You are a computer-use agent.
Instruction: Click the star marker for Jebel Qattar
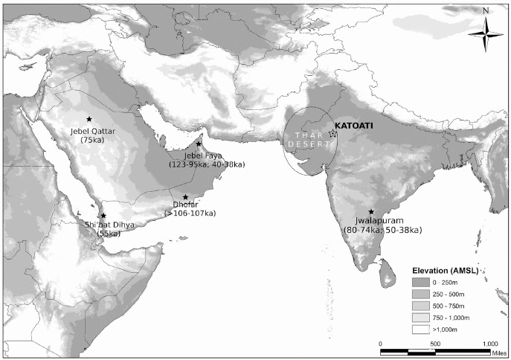coord(89,119)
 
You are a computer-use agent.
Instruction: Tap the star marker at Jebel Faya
coord(199,144)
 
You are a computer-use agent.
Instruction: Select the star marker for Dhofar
coord(185,197)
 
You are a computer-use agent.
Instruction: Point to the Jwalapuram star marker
coord(371,212)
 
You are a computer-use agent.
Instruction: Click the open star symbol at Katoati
coord(332,134)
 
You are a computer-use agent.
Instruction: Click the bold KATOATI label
coord(354,126)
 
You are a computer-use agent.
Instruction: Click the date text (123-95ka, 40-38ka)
coord(208,164)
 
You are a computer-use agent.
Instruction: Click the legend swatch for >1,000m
coord(425,327)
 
